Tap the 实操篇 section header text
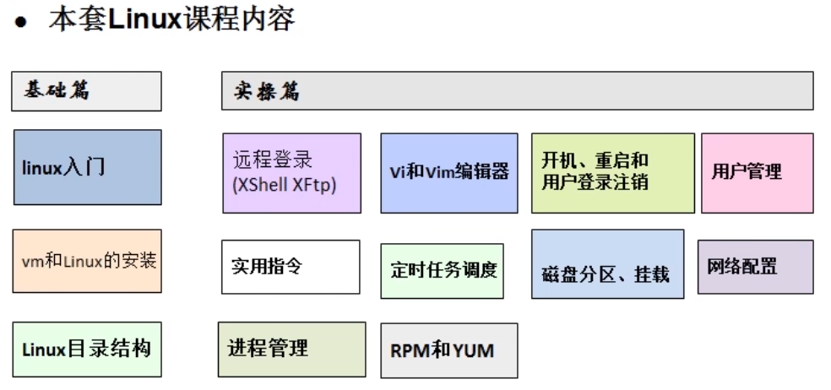coord(268,91)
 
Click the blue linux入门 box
coord(87,167)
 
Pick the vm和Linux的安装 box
coord(87,261)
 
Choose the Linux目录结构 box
coord(87,348)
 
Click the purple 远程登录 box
coord(291,172)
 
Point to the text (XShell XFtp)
coord(284,185)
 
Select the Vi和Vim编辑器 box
coord(448,172)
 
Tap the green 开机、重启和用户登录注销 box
coord(612,172)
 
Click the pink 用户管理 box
coord(757,172)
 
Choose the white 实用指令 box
coord(290,267)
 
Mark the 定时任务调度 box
coord(442,271)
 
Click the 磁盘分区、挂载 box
coord(607,263)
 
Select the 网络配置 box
coord(755,267)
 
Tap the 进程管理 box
coord(291,348)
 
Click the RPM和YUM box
coord(448,349)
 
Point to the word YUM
coord(475,349)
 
